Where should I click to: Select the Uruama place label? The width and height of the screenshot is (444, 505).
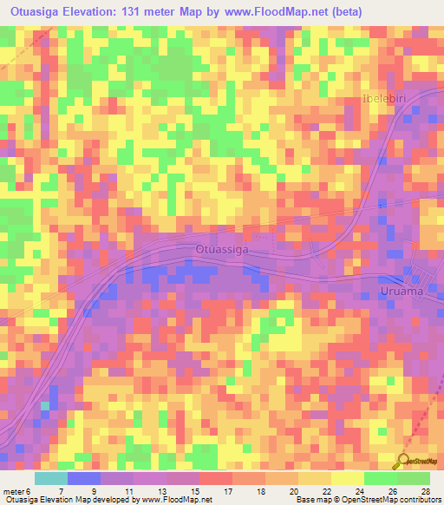pyautogui.click(x=402, y=292)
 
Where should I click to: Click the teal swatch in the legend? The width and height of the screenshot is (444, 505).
pyautogui.click(x=51, y=479)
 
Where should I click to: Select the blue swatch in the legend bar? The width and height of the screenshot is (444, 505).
pyautogui.click(x=83, y=479)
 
